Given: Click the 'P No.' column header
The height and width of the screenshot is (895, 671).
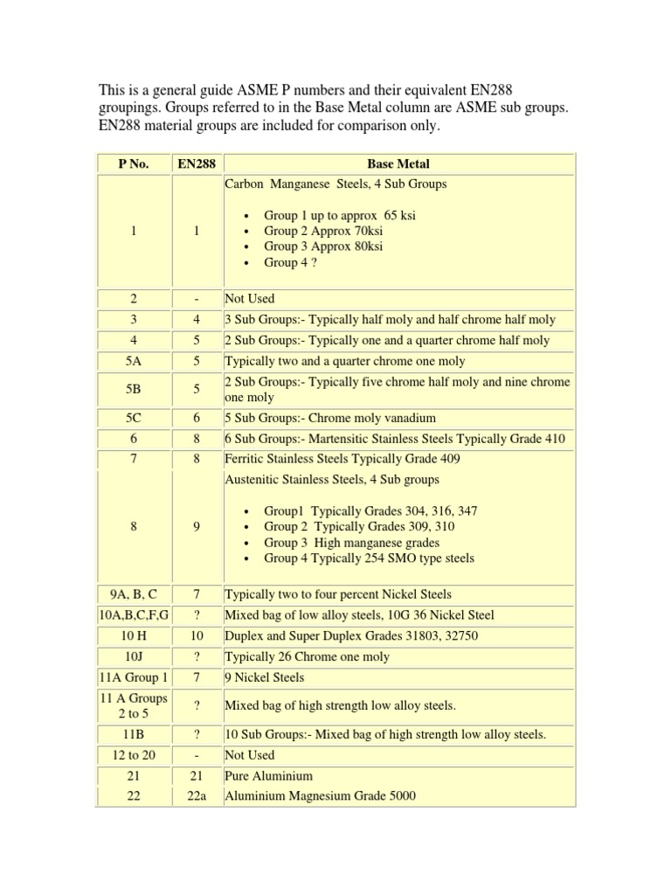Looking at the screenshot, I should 135,163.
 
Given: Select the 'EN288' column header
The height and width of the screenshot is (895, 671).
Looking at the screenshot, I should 197,163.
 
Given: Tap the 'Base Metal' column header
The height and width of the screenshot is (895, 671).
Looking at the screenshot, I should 399,163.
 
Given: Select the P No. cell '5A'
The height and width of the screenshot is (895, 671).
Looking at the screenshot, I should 135,361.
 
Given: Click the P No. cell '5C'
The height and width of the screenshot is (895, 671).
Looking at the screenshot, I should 135,418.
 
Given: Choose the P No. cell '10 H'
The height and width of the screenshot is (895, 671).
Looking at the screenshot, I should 135,635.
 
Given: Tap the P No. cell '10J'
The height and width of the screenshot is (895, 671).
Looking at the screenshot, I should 135,656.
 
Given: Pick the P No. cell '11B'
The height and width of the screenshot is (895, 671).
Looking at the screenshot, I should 135,734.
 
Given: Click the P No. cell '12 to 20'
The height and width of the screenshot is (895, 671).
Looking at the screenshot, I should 135,755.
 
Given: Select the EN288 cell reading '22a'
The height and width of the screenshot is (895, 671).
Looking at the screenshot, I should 197,796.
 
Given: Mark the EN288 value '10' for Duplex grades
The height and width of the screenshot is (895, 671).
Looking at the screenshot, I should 197,635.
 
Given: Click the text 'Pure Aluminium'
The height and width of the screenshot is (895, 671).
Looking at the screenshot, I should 268,776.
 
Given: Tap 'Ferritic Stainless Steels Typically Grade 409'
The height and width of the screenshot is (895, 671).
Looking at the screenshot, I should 342,459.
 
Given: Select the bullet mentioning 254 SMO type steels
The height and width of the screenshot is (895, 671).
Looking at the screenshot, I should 370,558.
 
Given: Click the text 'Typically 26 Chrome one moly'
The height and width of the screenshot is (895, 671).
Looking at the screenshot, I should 307,656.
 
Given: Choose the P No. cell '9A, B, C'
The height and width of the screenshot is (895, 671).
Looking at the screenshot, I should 135,594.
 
